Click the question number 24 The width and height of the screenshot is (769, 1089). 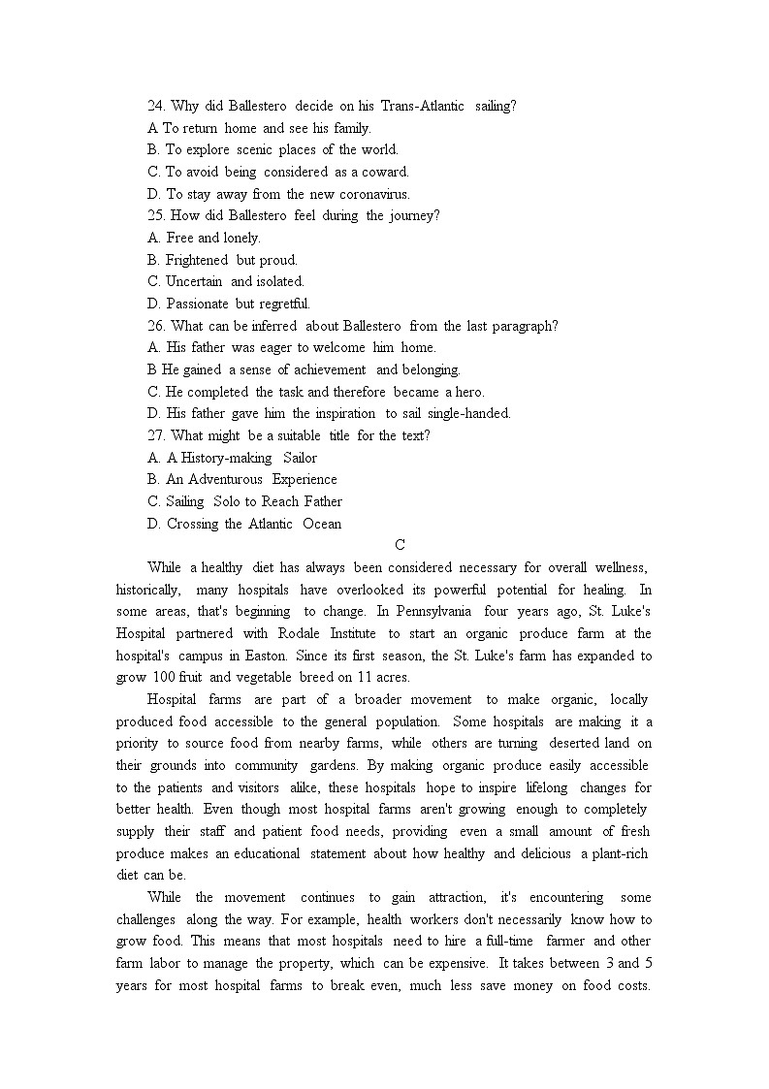(x=157, y=106)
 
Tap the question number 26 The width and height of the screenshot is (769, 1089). (x=157, y=326)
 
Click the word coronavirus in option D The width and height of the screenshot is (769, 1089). (x=373, y=194)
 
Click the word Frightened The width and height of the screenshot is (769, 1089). (x=197, y=260)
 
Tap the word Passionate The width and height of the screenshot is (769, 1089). (x=198, y=304)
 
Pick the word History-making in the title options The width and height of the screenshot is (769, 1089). (x=219, y=458)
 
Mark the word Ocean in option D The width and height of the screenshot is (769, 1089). (x=322, y=524)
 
